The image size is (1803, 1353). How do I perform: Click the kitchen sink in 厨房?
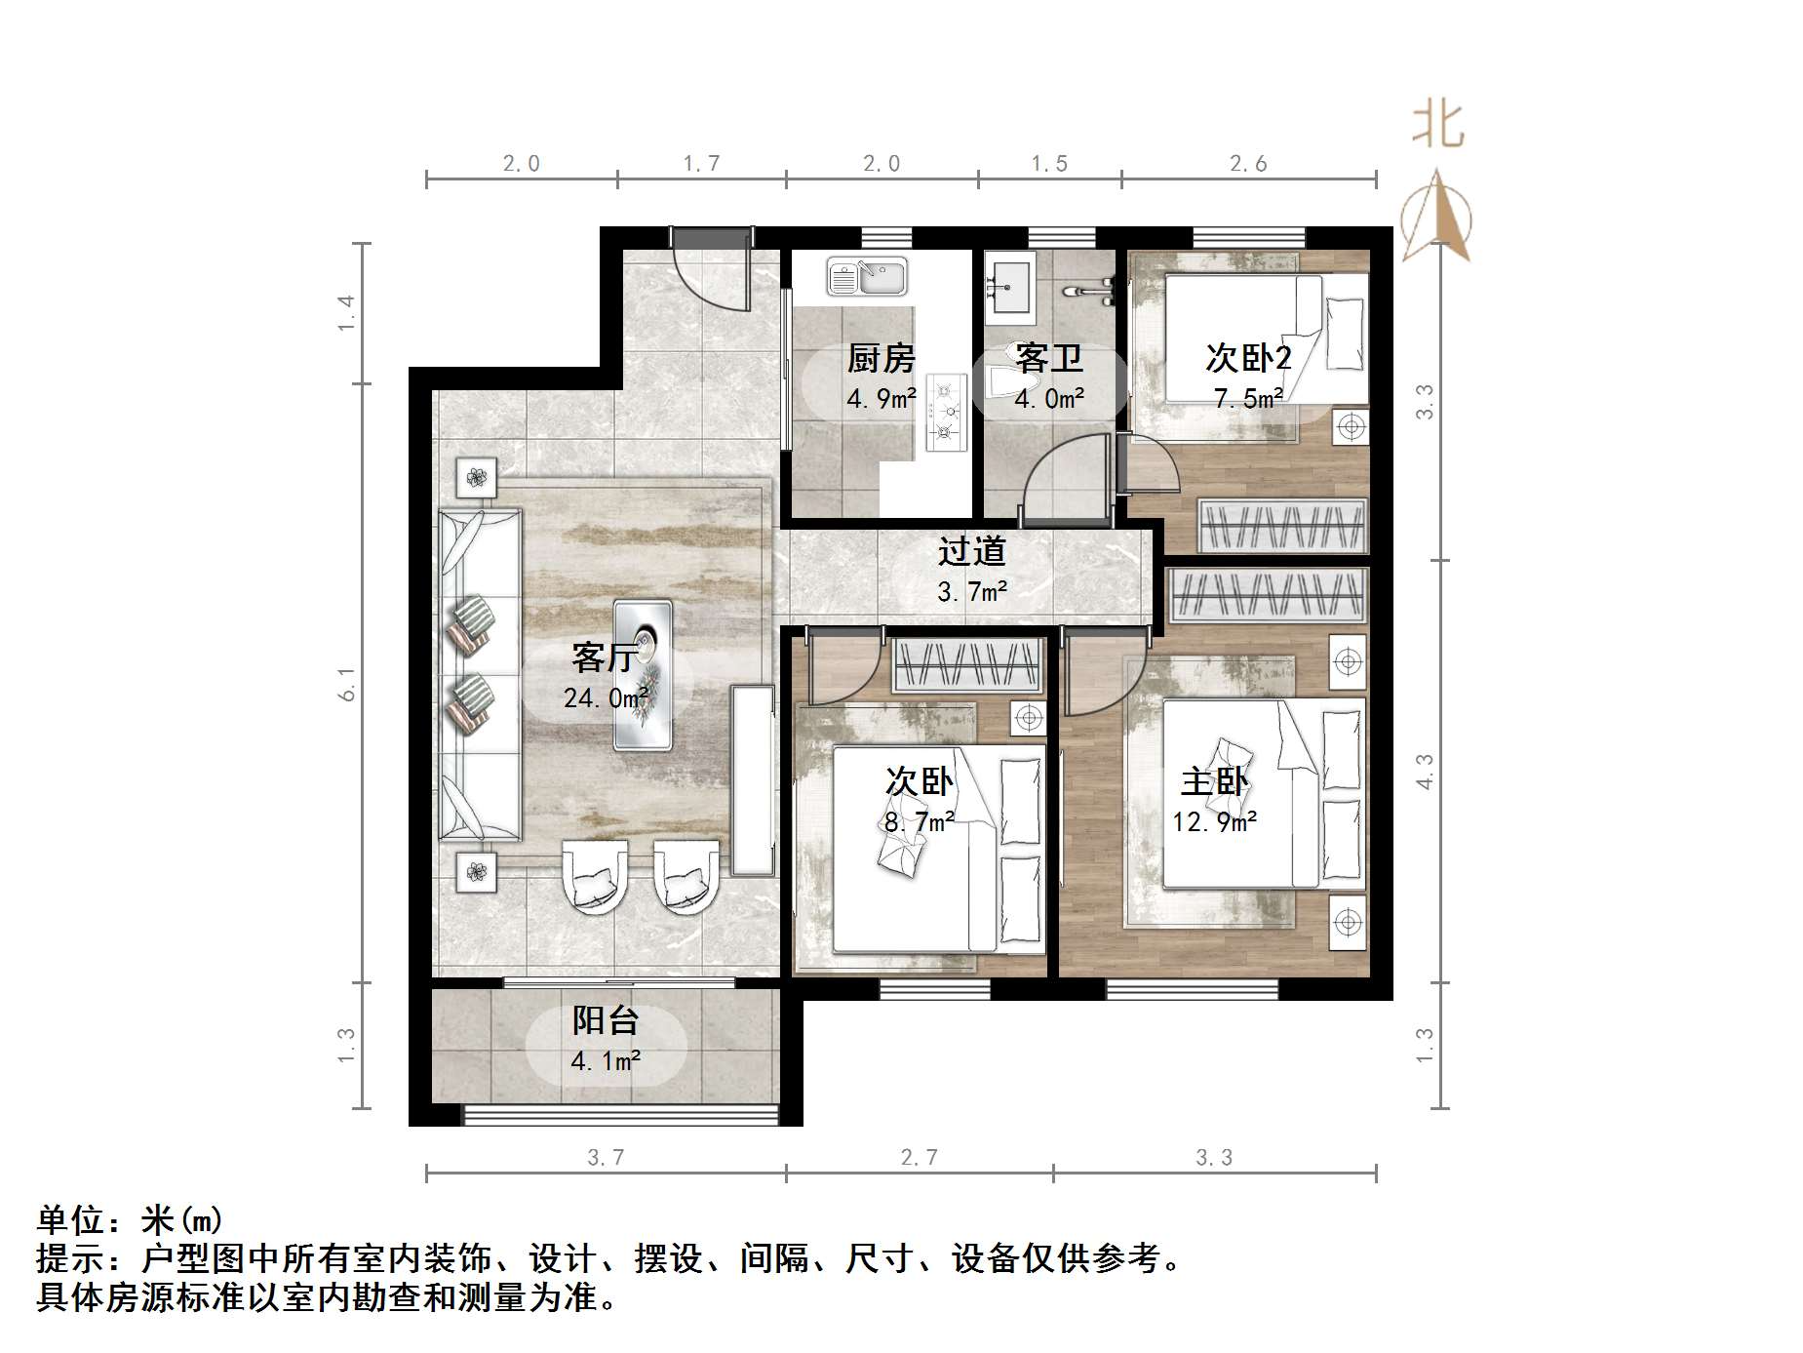[x=866, y=276]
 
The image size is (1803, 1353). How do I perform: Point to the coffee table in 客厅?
[x=643, y=674]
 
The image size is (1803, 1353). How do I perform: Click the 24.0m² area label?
[x=606, y=698]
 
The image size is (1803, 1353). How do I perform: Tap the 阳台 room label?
[x=606, y=1020]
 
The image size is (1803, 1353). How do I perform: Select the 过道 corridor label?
[x=971, y=552]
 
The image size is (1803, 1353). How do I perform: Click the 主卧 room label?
[x=1214, y=782]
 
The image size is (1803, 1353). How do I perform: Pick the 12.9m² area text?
[x=1214, y=822]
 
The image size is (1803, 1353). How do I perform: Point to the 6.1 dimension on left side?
[x=347, y=684]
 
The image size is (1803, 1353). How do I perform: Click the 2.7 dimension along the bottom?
[x=919, y=1158]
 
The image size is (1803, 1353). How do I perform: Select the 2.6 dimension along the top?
[x=1248, y=164]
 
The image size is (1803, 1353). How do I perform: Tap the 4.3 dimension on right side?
[x=1425, y=771]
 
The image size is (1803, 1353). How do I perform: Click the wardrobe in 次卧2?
[x=1281, y=526]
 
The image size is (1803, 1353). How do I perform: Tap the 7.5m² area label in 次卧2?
[x=1248, y=398]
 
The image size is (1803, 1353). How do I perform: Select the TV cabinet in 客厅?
[x=751, y=780]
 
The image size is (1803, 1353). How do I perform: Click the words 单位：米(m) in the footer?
[x=130, y=1220]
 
